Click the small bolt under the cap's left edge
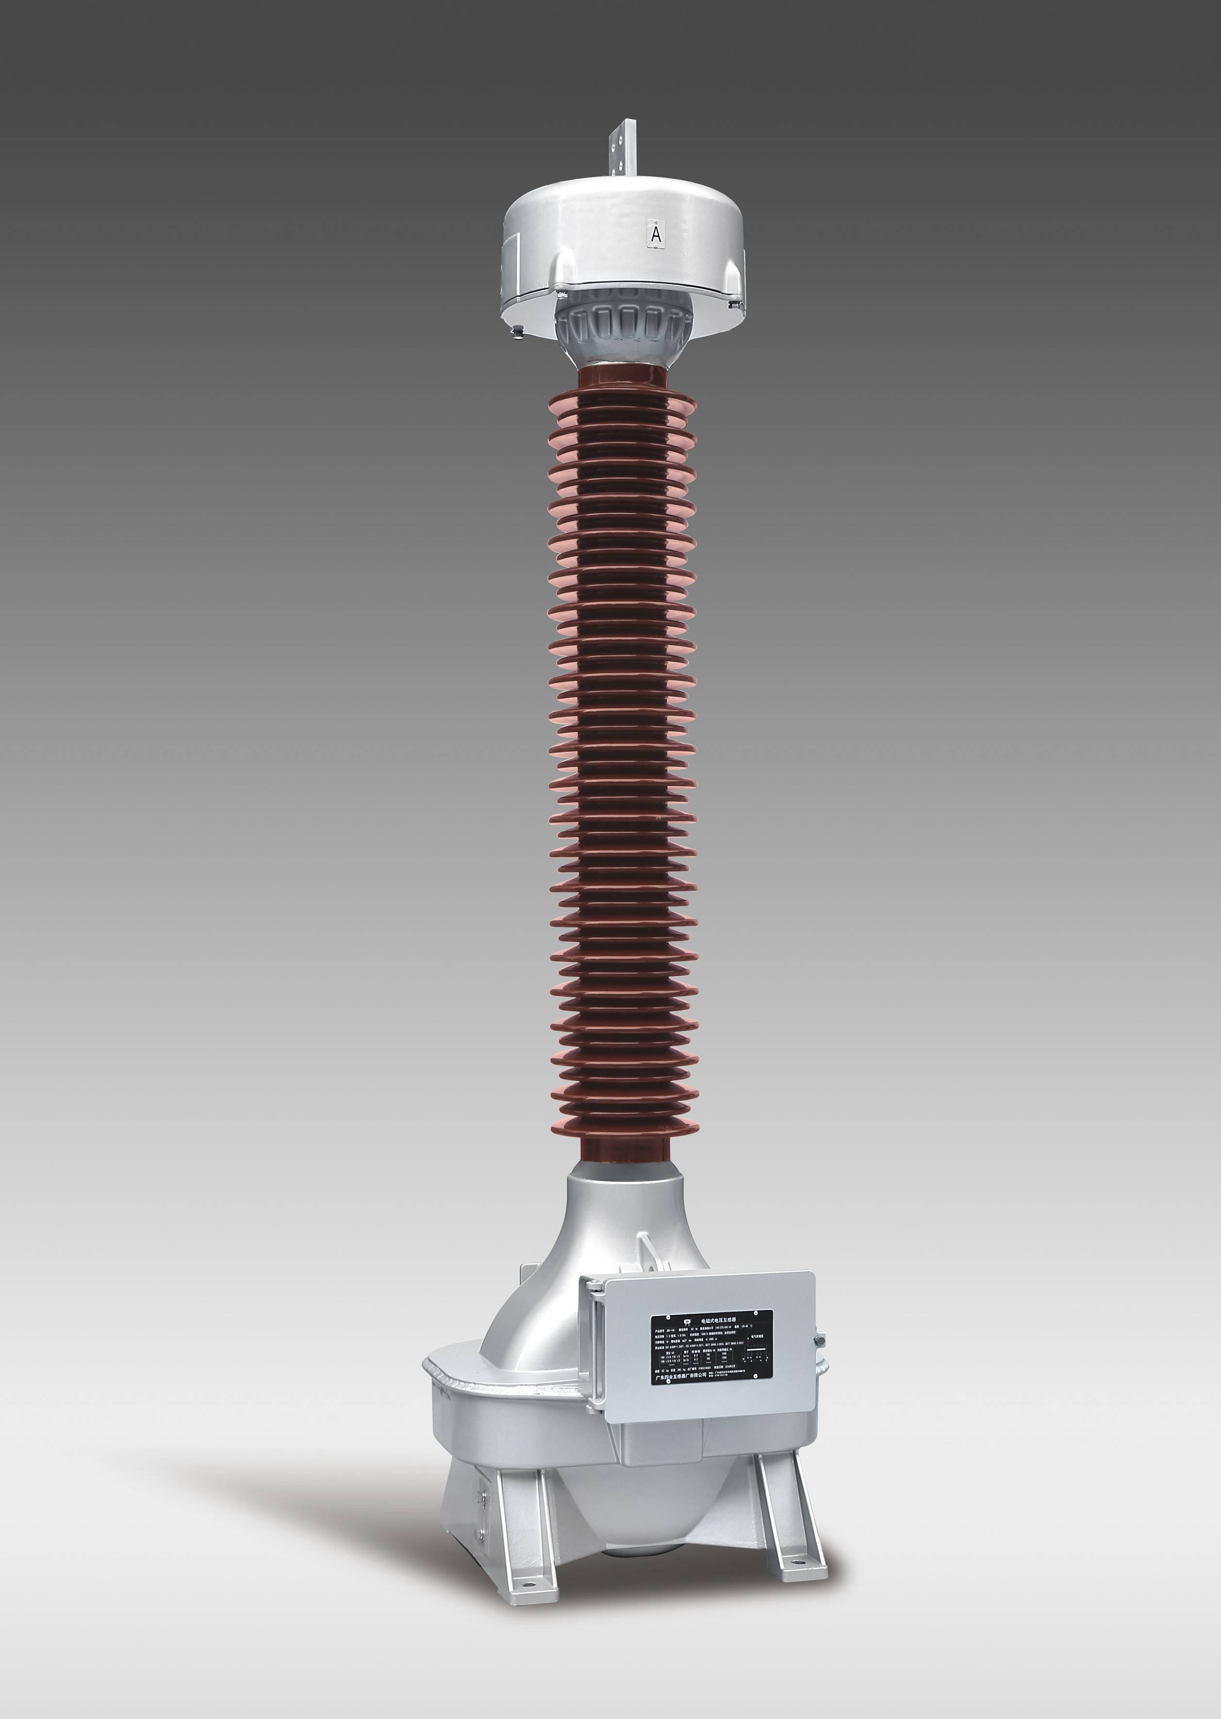point(518,331)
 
